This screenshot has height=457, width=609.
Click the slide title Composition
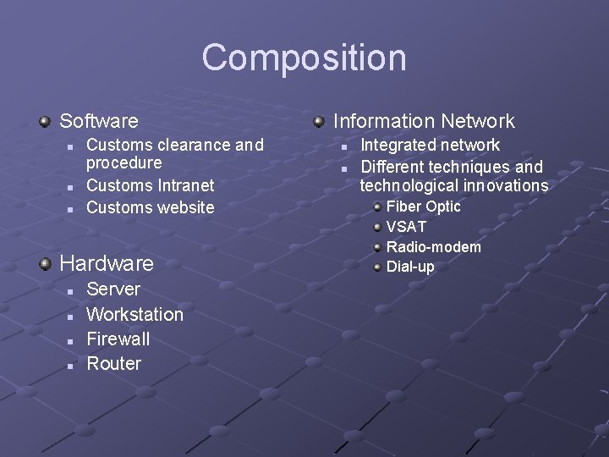click(x=304, y=58)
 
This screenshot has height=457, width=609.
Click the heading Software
click(x=98, y=121)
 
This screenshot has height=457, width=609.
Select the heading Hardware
click(x=107, y=263)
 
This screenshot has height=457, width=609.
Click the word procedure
click(x=123, y=162)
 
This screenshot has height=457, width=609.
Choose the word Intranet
click(x=185, y=184)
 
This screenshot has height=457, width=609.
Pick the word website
click(x=182, y=207)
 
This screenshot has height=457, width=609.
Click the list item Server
click(x=113, y=289)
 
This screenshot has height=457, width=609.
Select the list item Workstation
click(x=134, y=314)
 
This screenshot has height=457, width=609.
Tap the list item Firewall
click(x=118, y=339)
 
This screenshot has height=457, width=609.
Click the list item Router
click(x=113, y=364)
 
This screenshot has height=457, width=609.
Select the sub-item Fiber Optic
click(x=423, y=206)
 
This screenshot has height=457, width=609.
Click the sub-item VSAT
click(x=406, y=227)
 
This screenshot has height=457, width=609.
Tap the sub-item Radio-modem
click(x=433, y=247)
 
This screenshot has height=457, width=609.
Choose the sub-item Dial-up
click(x=410, y=267)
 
